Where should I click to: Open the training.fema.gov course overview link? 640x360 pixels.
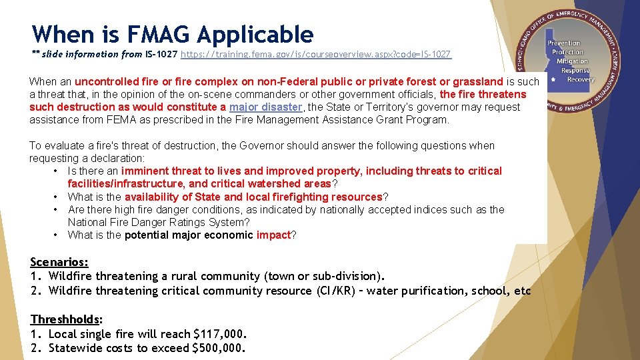(x=316, y=54)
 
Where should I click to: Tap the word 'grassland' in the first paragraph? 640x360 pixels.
(x=478, y=81)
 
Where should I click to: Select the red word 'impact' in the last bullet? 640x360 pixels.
(x=274, y=235)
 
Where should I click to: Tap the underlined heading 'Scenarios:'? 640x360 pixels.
(x=59, y=262)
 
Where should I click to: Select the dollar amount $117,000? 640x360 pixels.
(x=219, y=334)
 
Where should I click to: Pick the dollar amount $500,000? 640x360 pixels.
(x=219, y=348)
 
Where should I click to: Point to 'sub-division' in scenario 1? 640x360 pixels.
(x=346, y=276)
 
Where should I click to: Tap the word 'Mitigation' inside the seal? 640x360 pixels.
(x=572, y=61)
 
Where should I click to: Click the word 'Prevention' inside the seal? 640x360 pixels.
(x=565, y=43)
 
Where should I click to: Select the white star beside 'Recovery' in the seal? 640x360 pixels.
(x=553, y=79)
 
